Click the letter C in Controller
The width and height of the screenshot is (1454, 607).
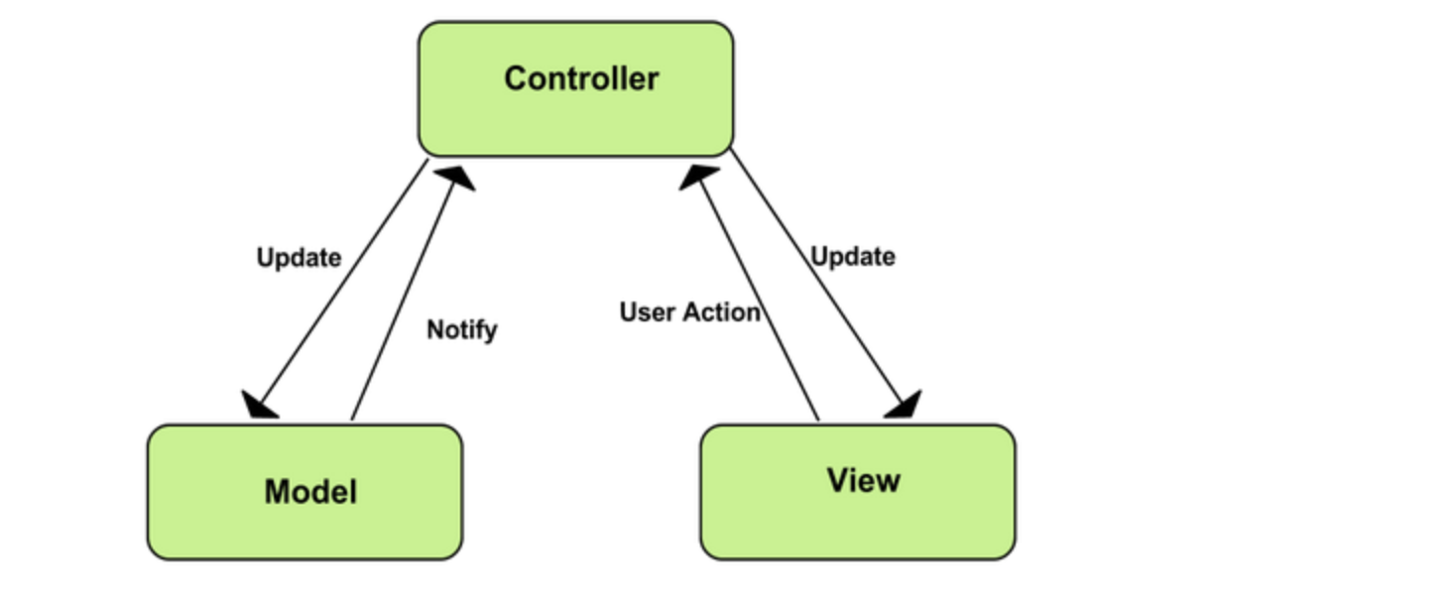[x=516, y=78]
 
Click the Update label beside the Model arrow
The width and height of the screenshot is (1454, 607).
[x=299, y=258]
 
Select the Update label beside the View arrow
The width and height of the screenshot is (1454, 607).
[x=853, y=257]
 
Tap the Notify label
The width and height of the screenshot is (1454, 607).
[x=461, y=330]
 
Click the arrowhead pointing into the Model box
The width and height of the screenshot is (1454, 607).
[x=258, y=405]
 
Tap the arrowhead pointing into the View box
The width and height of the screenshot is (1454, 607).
[x=905, y=405]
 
